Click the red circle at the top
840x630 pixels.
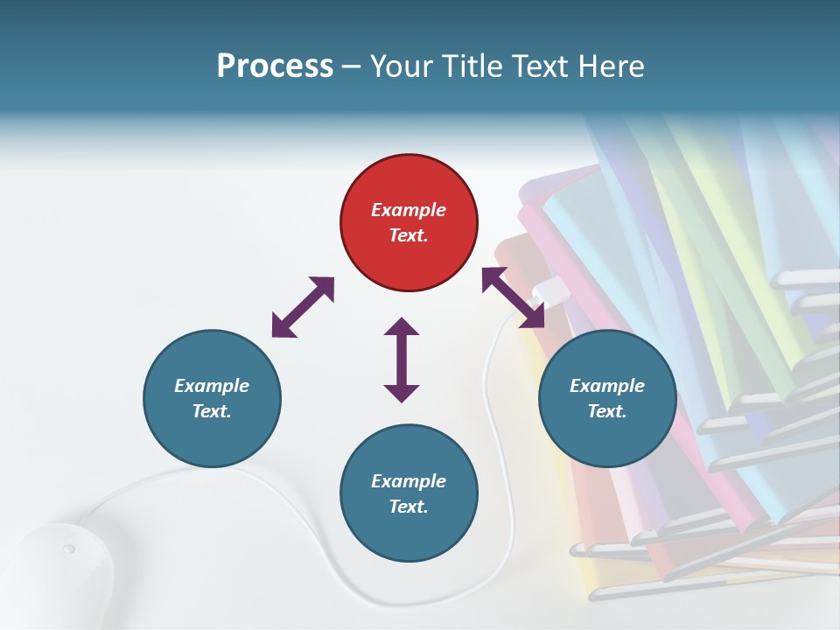click(409, 223)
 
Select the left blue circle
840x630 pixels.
click(212, 398)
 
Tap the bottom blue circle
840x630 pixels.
click(409, 493)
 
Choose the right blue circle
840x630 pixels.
click(607, 398)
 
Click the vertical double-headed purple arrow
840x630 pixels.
click(402, 360)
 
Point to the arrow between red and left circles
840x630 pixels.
click(303, 307)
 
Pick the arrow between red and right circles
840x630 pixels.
click(513, 297)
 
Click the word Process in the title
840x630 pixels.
click(275, 66)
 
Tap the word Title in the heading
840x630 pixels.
click(471, 66)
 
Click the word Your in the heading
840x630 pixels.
click(402, 66)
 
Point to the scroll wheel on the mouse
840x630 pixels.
click(68, 549)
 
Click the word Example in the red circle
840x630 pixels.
click(409, 210)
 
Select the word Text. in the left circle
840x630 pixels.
click(212, 411)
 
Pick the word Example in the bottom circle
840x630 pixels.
click(409, 480)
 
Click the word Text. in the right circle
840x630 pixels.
click(607, 411)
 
